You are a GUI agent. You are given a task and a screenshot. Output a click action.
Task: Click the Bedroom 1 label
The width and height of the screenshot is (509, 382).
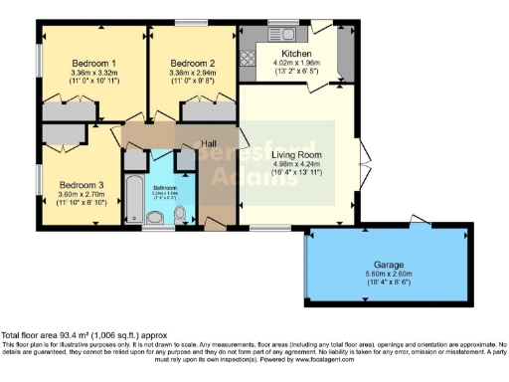click(93, 62)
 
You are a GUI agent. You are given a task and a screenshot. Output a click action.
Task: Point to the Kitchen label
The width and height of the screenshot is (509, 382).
click(296, 54)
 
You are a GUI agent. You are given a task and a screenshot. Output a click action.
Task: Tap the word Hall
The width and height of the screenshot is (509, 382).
click(209, 143)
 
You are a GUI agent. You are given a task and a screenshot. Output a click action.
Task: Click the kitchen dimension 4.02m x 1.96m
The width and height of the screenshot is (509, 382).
click(296, 64)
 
